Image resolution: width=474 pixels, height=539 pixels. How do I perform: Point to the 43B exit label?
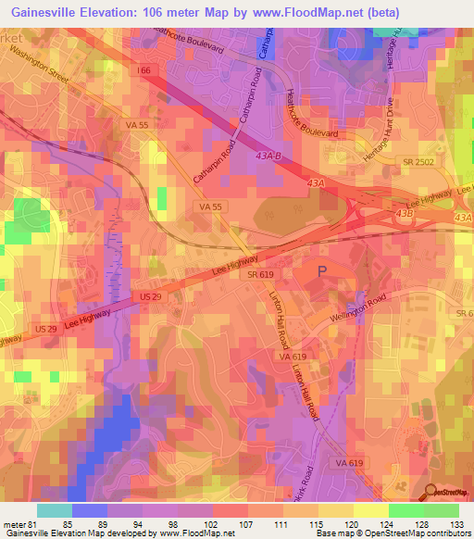404,213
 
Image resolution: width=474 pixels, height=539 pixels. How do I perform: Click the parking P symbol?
321,271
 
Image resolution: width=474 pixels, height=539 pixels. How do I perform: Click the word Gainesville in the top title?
46,11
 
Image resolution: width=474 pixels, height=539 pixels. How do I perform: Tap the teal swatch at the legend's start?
55,510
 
